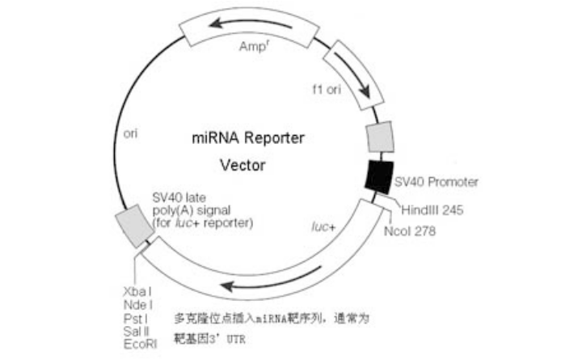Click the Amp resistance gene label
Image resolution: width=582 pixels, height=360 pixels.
point(253,47)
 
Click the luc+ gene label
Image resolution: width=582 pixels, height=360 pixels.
point(323,227)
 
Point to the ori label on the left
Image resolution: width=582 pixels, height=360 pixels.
point(127,133)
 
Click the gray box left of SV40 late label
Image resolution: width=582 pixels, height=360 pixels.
point(134,224)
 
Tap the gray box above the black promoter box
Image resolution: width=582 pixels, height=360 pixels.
point(381,138)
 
